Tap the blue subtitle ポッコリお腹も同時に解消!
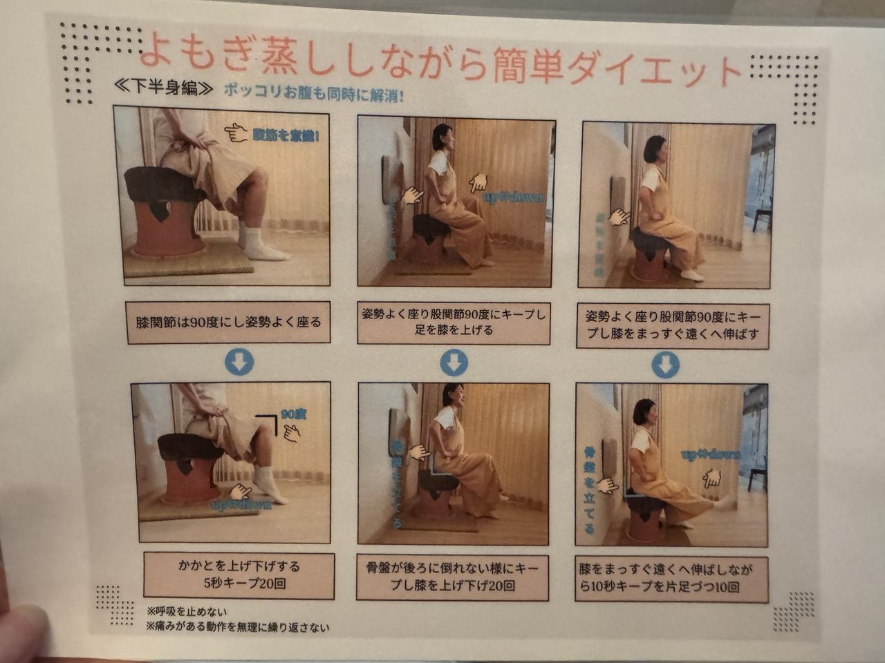point(313,92)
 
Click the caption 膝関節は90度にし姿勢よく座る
point(229,322)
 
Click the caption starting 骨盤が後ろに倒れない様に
point(452,577)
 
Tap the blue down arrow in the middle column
point(454,363)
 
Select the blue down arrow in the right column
point(665,364)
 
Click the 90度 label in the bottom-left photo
point(293,415)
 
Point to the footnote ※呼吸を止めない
point(187,612)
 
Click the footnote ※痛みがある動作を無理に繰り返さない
point(238,628)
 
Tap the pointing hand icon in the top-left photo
point(236,132)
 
